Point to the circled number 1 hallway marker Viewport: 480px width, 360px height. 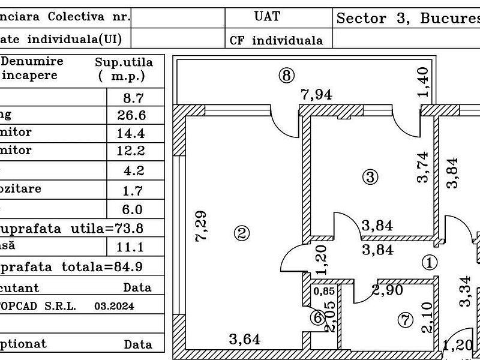pos(429,262)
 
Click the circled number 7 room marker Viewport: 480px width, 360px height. pos(406,321)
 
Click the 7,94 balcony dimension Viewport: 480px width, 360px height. pos(316,94)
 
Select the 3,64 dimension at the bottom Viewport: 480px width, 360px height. pos(245,340)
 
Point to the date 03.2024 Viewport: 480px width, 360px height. pos(114,306)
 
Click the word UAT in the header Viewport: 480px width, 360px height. pos(267,16)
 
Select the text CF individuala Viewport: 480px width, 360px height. pos(276,41)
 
